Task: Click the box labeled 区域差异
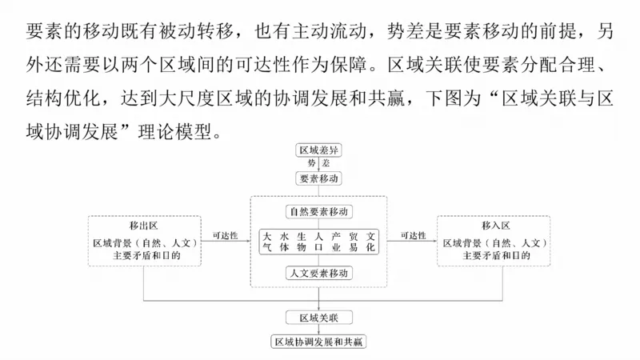319,150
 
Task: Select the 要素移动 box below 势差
319,178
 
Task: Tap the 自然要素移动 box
319,212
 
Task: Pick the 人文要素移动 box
319,274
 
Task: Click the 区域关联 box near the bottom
319,318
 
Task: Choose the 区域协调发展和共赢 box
319,342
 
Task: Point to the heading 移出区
143,226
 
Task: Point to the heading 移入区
495,226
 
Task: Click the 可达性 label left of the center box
225,235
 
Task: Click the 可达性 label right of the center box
414,235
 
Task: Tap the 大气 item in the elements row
266,242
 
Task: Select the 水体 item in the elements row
285,242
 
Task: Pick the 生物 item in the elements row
302,242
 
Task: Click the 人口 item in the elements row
319,242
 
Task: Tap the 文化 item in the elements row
371,242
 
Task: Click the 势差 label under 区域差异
319,163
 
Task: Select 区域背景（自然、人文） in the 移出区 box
143,242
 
